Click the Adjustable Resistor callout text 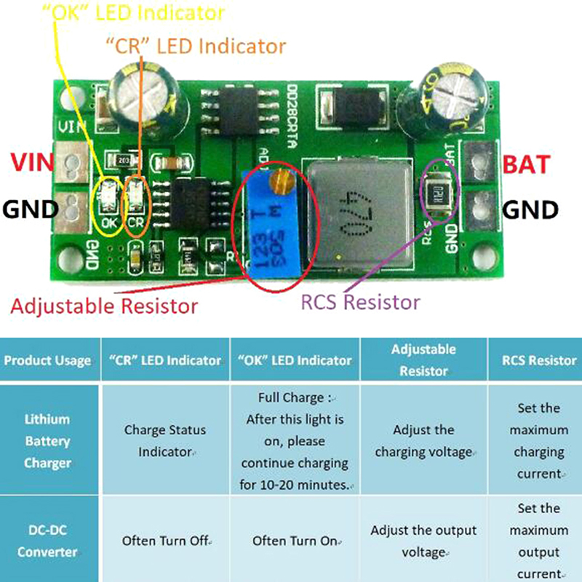tap(104, 306)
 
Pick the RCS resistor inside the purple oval tap(436, 194)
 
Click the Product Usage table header tap(47, 360)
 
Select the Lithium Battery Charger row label tap(48, 441)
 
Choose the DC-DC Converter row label tap(48, 541)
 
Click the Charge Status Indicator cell tap(164, 441)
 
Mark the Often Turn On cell tap(295, 541)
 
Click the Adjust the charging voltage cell tap(424, 441)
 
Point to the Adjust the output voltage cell tap(423, 541)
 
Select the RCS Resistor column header tap(538, 360)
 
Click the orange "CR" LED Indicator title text tap(196, 46)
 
